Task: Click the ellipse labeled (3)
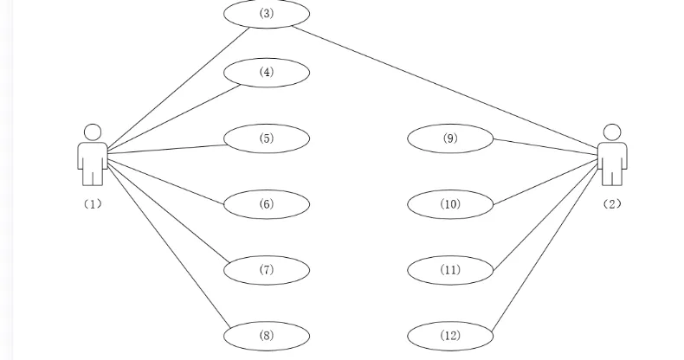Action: (267, 14)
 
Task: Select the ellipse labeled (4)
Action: (267, 73)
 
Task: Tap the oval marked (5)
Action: (267, 138)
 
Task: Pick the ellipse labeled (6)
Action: (267, 204)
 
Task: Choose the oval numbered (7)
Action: (267, 270)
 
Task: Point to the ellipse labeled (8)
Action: (267, 336)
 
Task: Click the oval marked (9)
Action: (450, 138)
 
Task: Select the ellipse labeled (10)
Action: (450, 204)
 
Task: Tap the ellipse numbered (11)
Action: (450, 270)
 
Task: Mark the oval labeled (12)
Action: (450, 336)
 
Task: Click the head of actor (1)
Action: (93, 132)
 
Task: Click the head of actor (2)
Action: (612, 132)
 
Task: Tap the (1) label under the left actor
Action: (93, 204)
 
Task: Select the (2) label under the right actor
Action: (612, 204)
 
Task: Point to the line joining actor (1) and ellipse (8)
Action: (169, 247)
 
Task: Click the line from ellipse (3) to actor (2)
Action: (445, 90)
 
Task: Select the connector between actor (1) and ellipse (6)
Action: (165, 182)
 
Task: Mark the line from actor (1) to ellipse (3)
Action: (178, 88)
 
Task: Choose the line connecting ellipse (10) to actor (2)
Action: (545, 183)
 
